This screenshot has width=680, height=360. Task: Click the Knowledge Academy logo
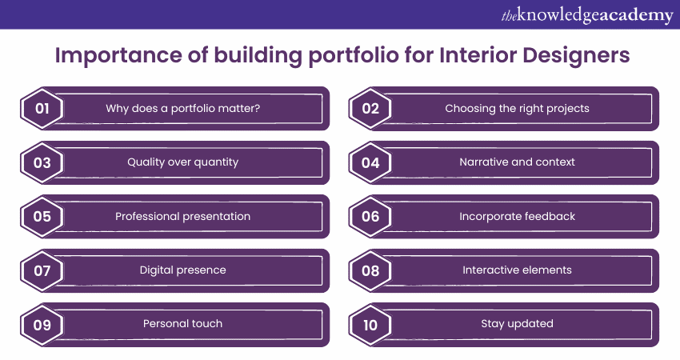click(x=587, y=16)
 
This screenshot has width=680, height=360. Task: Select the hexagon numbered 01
click(x=42, y=109)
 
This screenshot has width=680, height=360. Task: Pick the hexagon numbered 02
click(x=370, y=109)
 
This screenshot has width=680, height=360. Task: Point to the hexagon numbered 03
click(x=42, y=162)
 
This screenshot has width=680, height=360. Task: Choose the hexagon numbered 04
click(x=370, y=162)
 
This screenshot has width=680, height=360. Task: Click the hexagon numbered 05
click(x=42, y=217)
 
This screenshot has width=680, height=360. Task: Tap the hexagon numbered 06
click(x=370, y=217)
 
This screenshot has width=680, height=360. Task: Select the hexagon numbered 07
click(x=42, y=270)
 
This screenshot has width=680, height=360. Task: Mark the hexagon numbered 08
click(x=370, y=270)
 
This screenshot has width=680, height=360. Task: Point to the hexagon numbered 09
click(x=42, y=325)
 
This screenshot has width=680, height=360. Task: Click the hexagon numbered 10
click(x=370, y=325)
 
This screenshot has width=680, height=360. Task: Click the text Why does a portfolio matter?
click(x=183, y=109)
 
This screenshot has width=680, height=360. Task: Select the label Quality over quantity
click(x=183, y=162)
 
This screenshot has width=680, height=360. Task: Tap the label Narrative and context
click(x=517, y=162)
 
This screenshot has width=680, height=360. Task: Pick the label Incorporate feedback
click(x=517, y=217)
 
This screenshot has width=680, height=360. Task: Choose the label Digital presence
click(x=183, y=270)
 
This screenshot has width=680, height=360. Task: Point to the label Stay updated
click(x=517, y=324)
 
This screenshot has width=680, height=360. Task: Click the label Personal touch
click(x=183, y=323)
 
